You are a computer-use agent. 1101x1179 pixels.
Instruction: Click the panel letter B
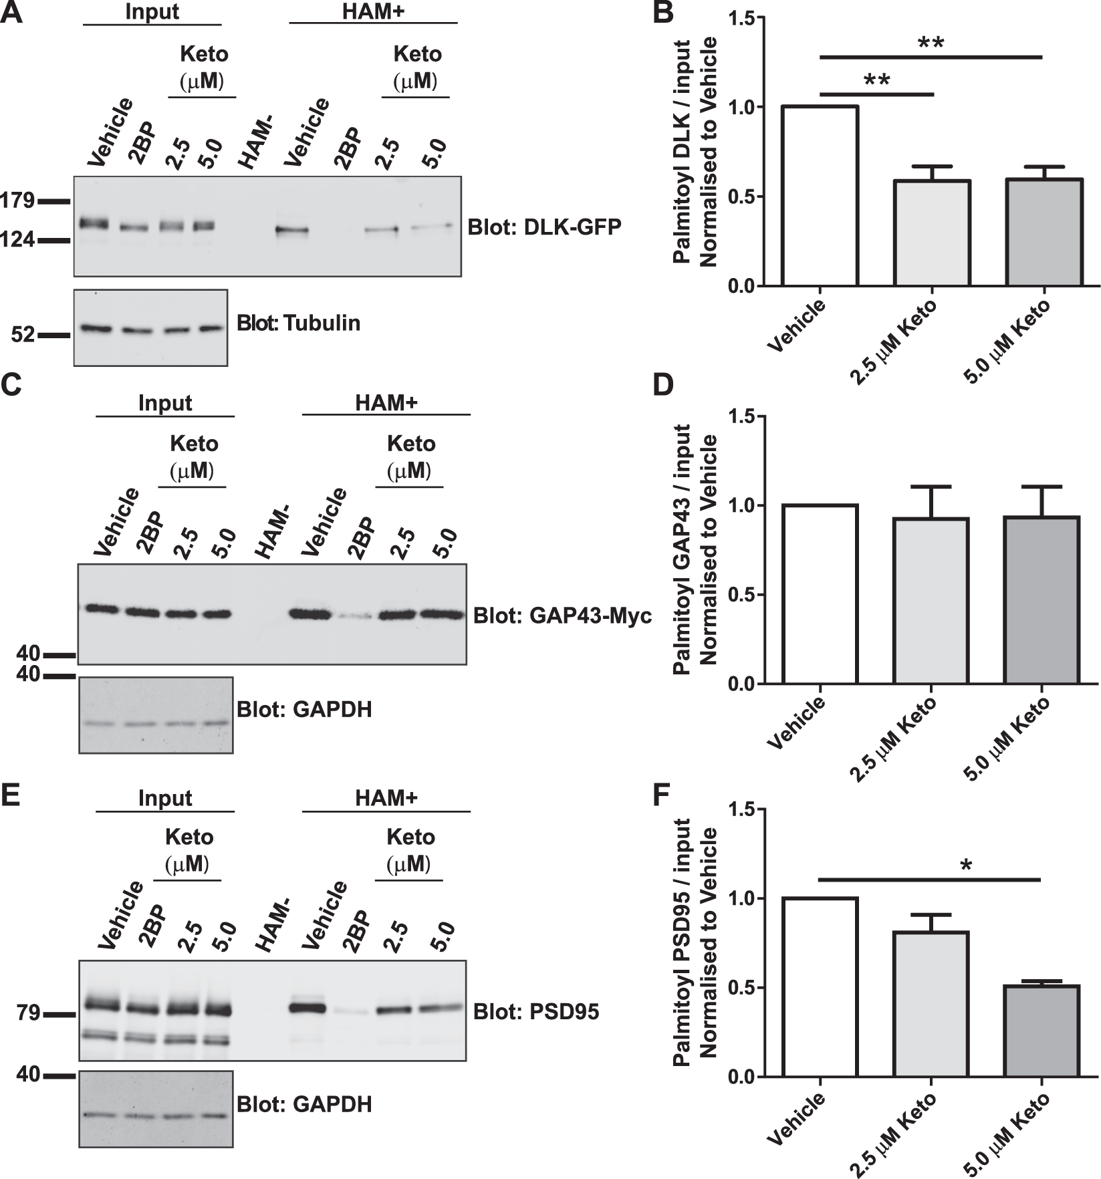(663, 13)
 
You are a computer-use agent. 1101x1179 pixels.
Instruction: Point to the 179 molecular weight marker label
(17, 200)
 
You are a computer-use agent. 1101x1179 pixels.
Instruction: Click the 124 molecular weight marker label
(17, 239)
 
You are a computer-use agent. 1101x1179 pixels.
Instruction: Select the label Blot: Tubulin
(298, 323)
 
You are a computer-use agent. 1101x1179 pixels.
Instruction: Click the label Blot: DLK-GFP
(544, 227)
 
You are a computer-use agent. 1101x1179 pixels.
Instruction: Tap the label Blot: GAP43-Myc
(562, 616)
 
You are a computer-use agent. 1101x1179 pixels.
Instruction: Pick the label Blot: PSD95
(536, 1012)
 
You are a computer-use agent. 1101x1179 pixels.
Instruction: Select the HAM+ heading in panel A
(373, 11)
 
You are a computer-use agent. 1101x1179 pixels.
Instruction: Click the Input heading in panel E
(165, 798)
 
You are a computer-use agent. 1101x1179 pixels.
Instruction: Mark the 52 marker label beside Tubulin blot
(23, 334)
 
